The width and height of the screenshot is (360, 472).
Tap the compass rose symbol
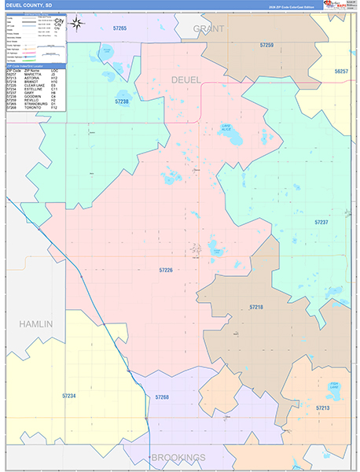[77, 23]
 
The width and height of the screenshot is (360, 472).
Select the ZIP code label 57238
[122, 101]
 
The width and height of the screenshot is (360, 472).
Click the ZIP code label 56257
[341, 71]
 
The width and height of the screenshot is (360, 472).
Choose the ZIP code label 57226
[166, 270]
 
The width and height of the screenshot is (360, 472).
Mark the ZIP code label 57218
[256, 306]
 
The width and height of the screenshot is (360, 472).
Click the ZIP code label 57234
[69, 396]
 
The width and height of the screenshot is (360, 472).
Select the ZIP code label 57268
[162, 398]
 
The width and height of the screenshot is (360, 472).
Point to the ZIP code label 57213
[323, 408]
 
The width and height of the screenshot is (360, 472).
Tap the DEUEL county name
[186, 79]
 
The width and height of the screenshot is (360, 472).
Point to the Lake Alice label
[226, 127]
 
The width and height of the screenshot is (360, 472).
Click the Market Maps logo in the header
[336, 6]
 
